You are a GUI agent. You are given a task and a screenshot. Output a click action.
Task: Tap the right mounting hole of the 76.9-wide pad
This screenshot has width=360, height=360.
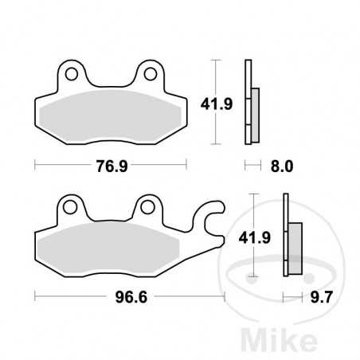[x=149, y=76]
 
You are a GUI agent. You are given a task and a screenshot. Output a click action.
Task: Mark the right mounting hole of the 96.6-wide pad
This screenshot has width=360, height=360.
[x=147, y=209]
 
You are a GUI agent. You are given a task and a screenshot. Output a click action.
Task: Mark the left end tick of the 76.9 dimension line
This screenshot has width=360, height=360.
[x=35, y=166]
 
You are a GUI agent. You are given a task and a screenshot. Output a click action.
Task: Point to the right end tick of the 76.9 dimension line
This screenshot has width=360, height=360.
[x=186, y=166]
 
